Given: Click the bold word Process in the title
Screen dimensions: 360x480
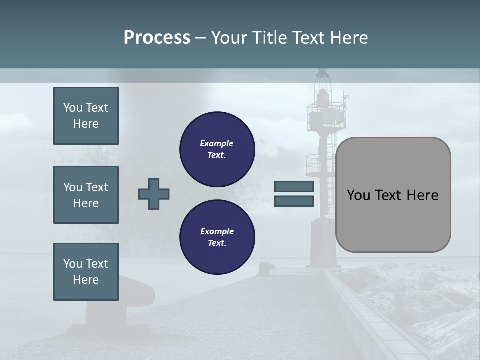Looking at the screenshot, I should (x=157, y=38).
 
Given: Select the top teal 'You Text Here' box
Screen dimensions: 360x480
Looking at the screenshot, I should (x=86, y=116).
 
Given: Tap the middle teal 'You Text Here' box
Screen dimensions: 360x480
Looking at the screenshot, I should (x=86, y=195).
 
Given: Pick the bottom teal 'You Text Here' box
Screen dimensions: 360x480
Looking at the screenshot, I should (x=86, y=272).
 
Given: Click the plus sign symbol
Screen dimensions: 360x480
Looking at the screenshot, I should (x=154, y=194).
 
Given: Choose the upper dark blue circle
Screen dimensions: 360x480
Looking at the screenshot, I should (x=217, y=149).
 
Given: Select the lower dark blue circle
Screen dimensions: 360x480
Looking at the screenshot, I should (x=217, y=237).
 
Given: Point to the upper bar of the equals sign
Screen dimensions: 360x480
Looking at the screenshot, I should (x=294, y=187).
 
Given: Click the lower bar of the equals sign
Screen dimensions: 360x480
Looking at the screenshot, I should (x=294, y=201).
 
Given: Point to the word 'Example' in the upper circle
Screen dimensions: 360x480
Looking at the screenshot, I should (x=217, y=144).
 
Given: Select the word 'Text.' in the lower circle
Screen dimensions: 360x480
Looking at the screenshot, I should (x=217, y=243).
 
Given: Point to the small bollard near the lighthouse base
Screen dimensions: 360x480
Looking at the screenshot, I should (x=264, y=269).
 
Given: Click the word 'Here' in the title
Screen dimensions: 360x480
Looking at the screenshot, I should (x=349, y=38).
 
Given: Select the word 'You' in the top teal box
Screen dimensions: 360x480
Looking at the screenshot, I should (x=73, y=108).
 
